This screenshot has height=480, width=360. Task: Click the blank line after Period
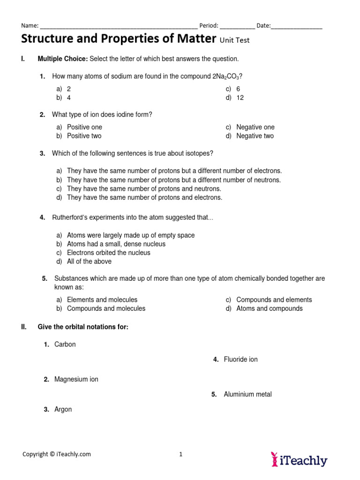[x=237, y=26]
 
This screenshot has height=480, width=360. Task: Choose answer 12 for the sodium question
[x=240, y=97]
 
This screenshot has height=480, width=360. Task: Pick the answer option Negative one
[x=255, y=127]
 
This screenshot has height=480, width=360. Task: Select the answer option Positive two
[x=84, y=136]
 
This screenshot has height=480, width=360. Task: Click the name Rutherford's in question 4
[x=70, y=217]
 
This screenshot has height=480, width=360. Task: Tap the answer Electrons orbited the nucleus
[x=108, y=253]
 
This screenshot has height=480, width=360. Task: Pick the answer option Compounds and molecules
[x=106, y=308]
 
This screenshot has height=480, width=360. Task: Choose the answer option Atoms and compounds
[x=269, y=308]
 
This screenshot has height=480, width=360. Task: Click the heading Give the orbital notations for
[x=83, y=327]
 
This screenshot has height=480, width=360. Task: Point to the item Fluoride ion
[x=240, y=360]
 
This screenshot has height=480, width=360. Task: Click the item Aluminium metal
[x=247, y=394]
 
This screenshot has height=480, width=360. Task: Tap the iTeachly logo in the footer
[x=299, y=460]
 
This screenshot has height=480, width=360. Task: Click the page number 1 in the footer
[x=180, y=454]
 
